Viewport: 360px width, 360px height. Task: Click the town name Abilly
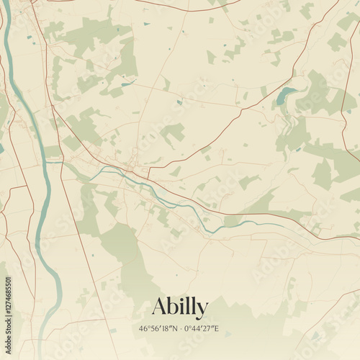click(x=179, y=307)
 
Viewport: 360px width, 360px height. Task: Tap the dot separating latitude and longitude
click(x=180, y=329)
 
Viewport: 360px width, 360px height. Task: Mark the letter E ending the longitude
click(x=217, y=329)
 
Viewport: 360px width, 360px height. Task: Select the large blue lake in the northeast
click(x=286, y=94)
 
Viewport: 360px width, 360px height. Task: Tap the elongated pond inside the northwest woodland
click(x=128, y=84)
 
